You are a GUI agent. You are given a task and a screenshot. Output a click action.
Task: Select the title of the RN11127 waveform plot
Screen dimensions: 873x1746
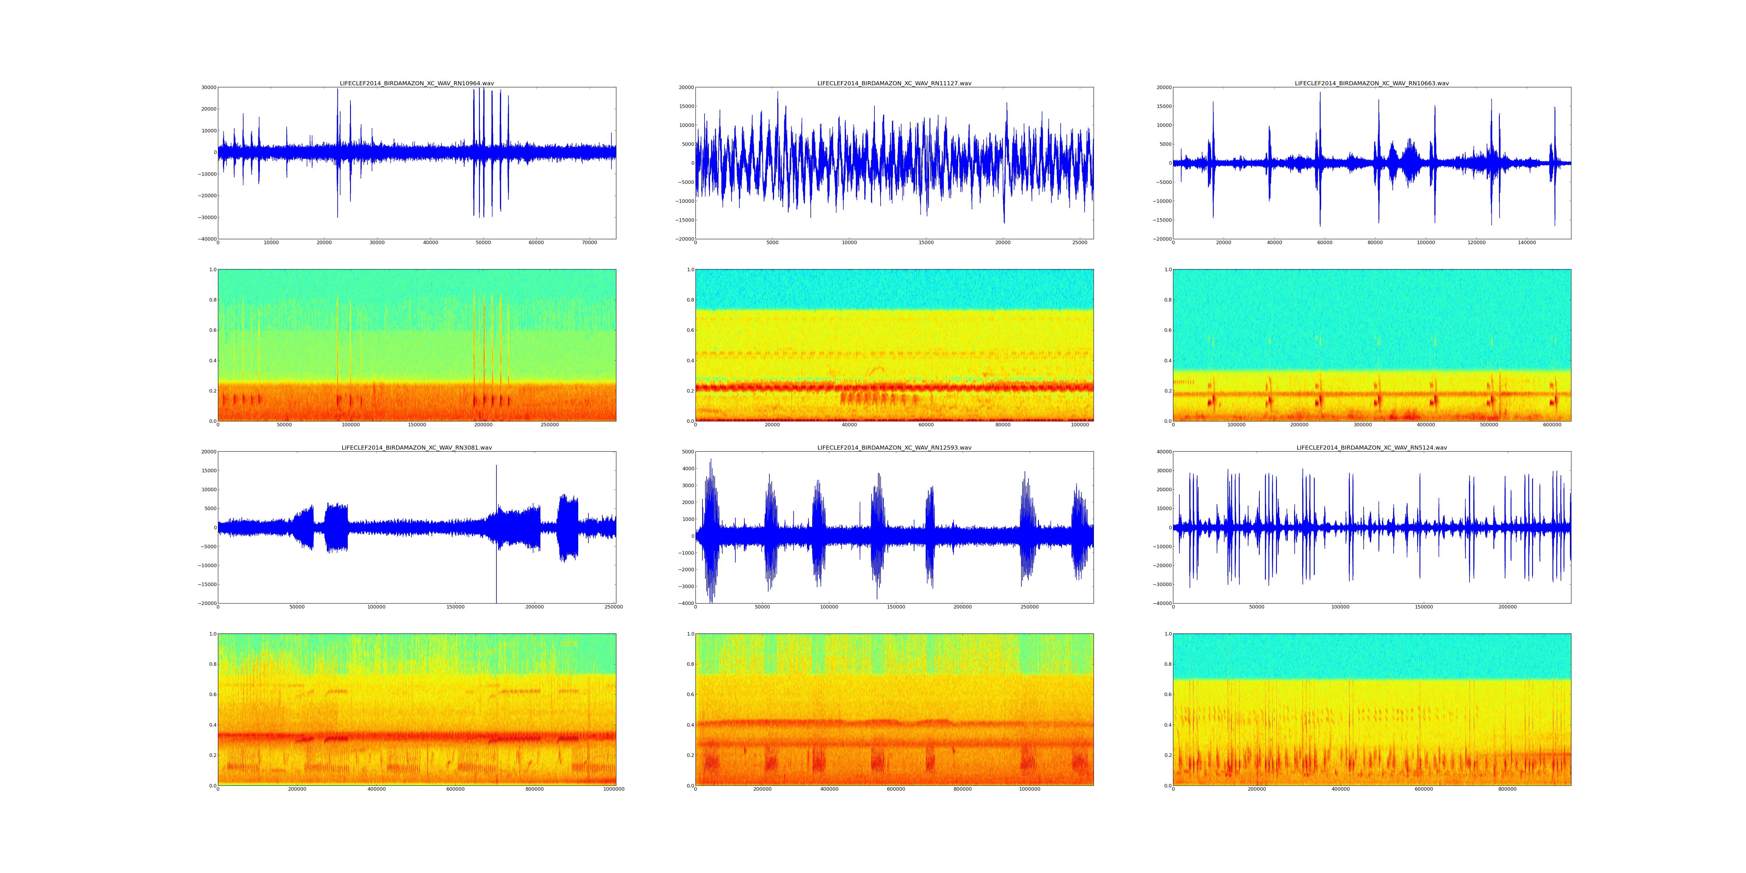(x=894, y=83)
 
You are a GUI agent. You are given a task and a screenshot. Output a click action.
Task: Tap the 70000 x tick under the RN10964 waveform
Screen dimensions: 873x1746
(x=589, y=243)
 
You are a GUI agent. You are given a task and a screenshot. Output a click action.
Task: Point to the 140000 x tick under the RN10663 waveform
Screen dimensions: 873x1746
(x=1527, y=243)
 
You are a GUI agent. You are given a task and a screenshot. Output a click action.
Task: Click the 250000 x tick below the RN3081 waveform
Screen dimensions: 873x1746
(x=613, y=607)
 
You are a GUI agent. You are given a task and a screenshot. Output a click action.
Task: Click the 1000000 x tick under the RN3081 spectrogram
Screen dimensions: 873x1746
(x=613, y=789)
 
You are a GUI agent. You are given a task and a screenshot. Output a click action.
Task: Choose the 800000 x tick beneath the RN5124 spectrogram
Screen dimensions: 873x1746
(x=1507, y=789)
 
